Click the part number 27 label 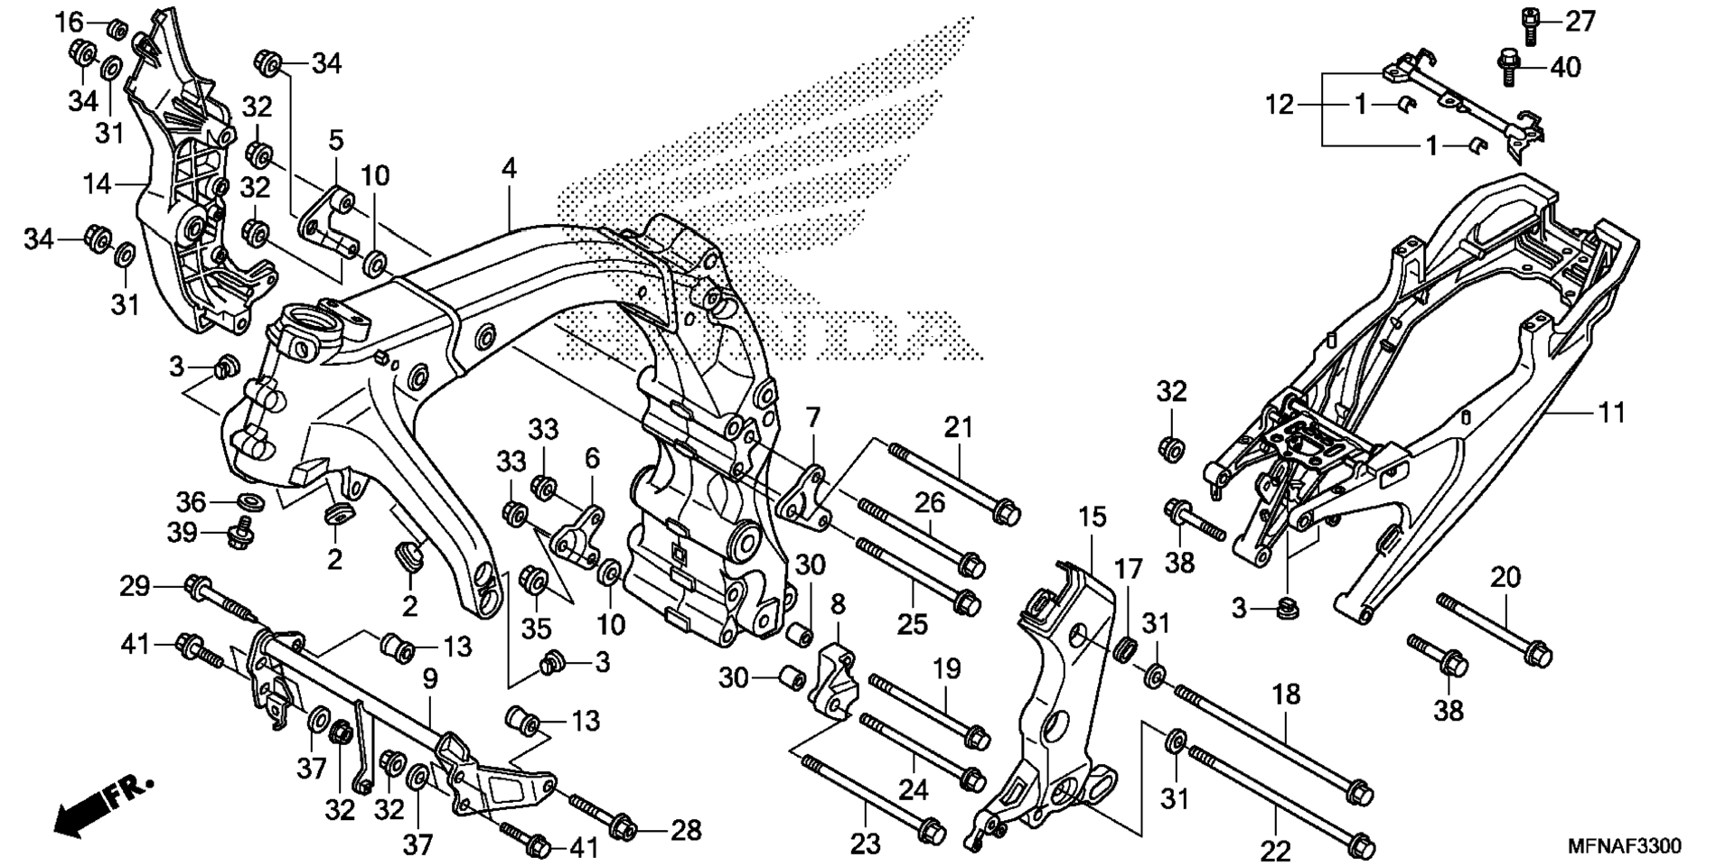1580,22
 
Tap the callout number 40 1566,68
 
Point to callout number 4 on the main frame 510,169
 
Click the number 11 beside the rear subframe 1611,413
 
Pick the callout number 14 97,184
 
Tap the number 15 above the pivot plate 1092,517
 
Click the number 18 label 1286,695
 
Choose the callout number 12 1279,105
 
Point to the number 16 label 70,23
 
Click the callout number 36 192,501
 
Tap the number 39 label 182,533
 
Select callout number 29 136,587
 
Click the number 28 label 684,830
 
